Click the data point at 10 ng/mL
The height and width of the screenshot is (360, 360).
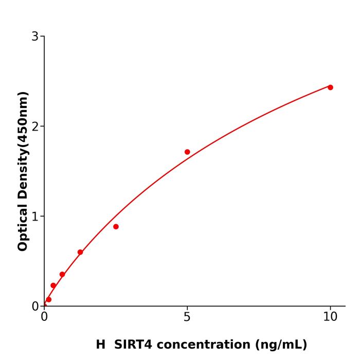click(x=330, y=87)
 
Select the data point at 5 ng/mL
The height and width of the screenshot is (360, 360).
click(x=187, y=152)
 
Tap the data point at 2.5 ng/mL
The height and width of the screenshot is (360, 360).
click(x=116, y=226)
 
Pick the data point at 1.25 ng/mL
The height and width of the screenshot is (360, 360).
click(x=80, y=252)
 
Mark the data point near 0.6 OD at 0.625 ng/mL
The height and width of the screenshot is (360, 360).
click(x=62, y=274)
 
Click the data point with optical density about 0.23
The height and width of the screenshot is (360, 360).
click(x=53, y=285)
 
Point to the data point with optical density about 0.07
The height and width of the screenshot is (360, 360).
click(x=48, y=299)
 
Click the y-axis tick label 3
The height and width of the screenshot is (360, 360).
click(x=35, y=37)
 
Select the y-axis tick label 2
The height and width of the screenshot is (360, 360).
click(x=35, y=127)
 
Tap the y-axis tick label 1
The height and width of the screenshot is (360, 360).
click(x=35, y=217)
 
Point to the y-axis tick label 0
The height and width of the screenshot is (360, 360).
click(x=35, y=307)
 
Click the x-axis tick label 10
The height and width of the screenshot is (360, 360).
click(x=330, y=317)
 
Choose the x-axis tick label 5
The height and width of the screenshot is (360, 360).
click(x=187, y=317)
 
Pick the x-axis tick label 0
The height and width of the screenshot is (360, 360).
click(x=44, y=317)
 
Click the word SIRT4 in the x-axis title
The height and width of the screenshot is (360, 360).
click(x=132, y=345)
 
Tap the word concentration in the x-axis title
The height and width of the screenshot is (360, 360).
click(x=202, y=345)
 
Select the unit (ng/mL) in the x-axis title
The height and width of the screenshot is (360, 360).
click(x=280, y=345)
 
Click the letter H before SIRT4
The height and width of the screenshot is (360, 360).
click(x=100, y=345)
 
